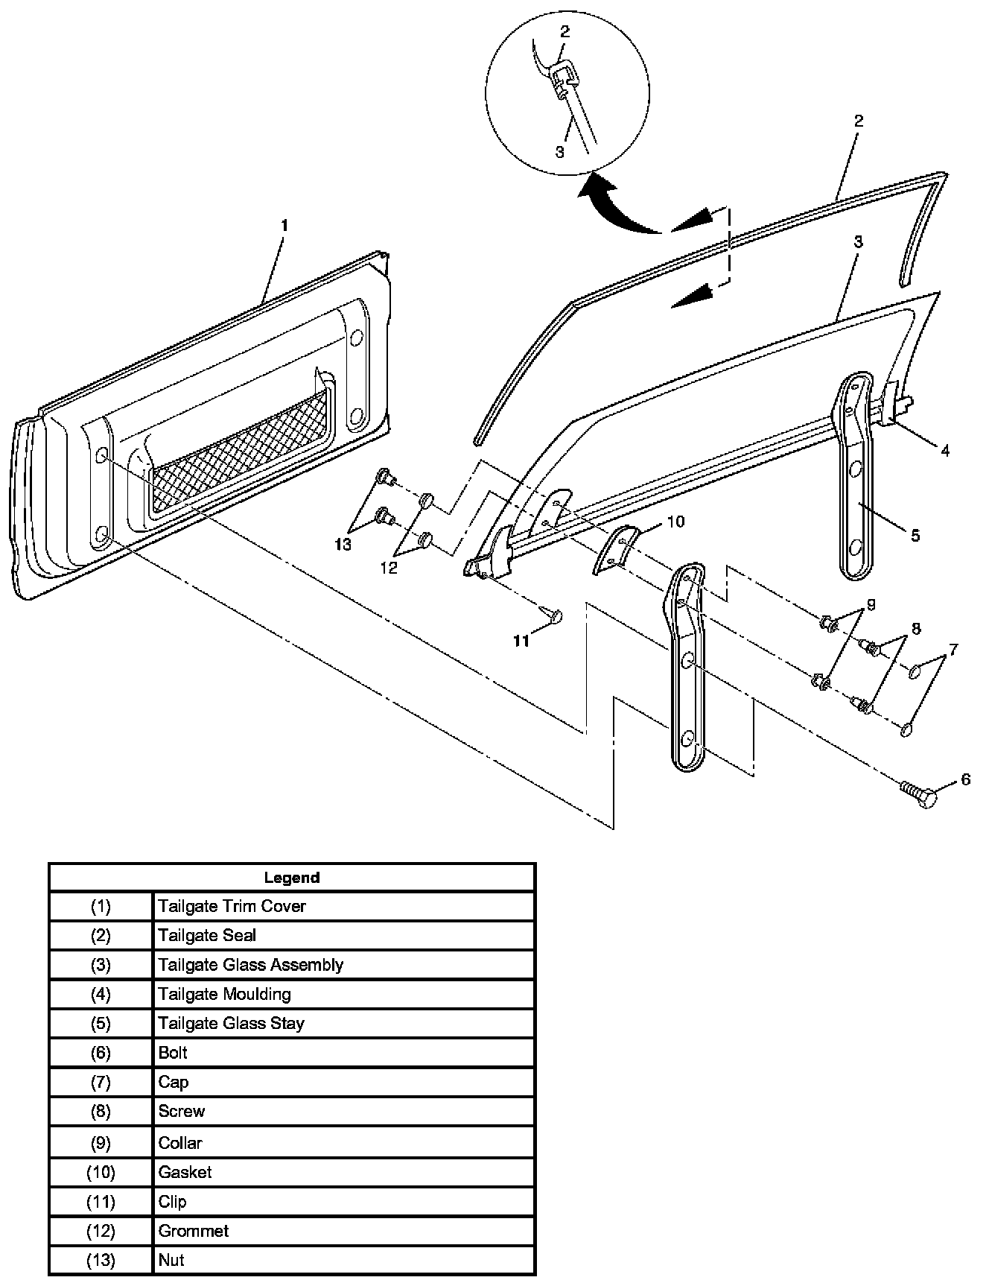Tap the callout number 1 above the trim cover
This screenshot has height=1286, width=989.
click(x=284, y=225)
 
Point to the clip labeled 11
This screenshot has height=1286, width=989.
click(x=554, y=615)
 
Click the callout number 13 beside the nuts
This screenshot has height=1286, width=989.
click(x=343, y=545)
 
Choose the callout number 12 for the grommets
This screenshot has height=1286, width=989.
click(x=389, y=568)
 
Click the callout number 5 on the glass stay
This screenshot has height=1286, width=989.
click(x=915, y=535)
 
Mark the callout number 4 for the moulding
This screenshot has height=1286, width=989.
click(x=944, y=451)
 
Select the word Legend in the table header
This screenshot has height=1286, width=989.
click(x=291, y=878)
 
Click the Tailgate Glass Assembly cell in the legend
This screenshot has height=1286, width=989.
click(x=250, y=965)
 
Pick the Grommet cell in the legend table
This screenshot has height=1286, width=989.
click(x=193, y=1231)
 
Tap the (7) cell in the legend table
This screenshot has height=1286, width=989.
click(x=101, y=1082)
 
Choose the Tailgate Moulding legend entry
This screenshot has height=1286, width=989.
click(x=224, y=994)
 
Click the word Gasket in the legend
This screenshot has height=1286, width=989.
click(x=185, y=1172)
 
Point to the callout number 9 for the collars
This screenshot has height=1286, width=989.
click(x=870, y=604)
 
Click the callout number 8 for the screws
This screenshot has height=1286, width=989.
click(x=915, y=629)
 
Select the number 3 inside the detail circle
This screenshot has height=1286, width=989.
click(x=559, y=152)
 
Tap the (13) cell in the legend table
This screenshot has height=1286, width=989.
click(x=101, y=1260)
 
